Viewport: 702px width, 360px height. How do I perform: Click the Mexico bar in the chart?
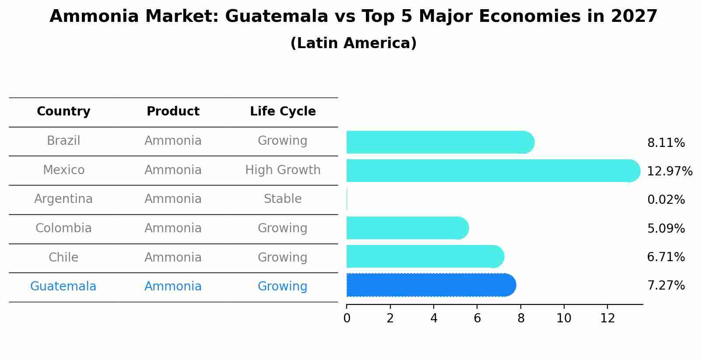pyautogui.click(x=490, y=171)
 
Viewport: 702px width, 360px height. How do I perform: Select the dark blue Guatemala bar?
pyautogui.click(x=429, y=285)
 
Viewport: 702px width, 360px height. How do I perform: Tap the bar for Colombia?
pyautogui.click(x=405, y=228)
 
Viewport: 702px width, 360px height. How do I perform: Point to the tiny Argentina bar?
pyautogui.click(x=347, y=199)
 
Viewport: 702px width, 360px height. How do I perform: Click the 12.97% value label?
pyautogui.click(x=669, y=171)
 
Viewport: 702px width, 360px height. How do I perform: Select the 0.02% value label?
pyautogui.click(x=666, y=200)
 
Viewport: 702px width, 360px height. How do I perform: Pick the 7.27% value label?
pyautogui.click(x=666, y=286)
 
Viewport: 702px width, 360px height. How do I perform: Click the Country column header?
pyautogui.click(x=63, y=112)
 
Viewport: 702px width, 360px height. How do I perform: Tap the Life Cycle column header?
pyautogui.click(x=283, y=112)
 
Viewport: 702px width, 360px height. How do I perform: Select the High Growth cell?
pyautogui.click(x=283, y=170)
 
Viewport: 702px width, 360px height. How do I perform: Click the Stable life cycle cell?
pyautogui.click(x=283, y=199)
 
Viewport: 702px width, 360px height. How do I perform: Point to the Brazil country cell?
pyautogui.click(x=63, y=141)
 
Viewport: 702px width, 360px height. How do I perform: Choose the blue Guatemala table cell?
pyautogui.click(x=63, y=287)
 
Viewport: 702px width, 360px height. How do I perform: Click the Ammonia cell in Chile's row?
pyautogui.click(x=173, y=257)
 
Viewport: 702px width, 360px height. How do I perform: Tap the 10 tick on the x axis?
pyautogui.click(x=564, y=318)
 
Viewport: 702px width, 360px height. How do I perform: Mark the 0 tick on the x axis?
pyautogui.click(x=347, y=318)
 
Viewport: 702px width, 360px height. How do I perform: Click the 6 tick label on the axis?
pyautogui.click(x=477, y=318)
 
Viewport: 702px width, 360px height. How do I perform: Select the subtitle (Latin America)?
pyautogui.click(x=353, y=43)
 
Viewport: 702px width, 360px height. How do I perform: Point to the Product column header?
pyautogui.click(x=173, y=112)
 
